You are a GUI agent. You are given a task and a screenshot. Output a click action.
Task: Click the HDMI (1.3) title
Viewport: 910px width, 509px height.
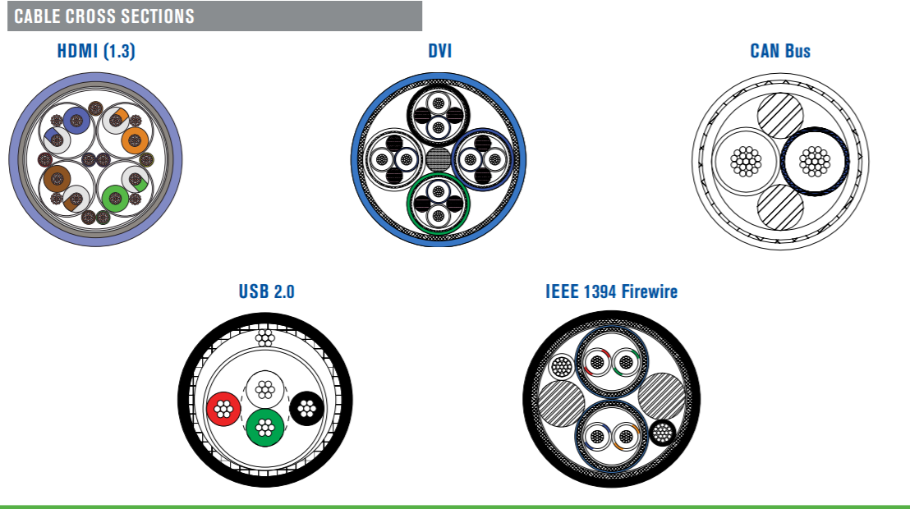pos(96,51)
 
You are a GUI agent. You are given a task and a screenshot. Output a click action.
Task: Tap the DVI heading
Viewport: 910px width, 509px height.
pos(440,51)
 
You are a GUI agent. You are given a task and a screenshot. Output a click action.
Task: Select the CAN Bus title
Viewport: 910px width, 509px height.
pos(780,51)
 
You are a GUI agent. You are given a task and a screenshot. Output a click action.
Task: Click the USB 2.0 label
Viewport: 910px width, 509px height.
pos(266,291)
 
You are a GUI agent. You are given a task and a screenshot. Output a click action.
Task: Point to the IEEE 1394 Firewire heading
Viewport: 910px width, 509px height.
pos(611,291)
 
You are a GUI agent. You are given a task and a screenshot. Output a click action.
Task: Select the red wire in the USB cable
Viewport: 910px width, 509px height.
pos(223,409)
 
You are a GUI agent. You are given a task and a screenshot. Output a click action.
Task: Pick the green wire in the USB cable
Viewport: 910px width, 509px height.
pos(264,429)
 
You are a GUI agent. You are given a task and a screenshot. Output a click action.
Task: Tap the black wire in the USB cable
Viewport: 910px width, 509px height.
pos(306,409)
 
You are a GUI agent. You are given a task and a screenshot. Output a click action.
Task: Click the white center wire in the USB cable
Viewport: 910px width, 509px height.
pos(264,389)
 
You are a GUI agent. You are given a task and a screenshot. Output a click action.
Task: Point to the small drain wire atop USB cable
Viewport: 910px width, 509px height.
pos(265,337)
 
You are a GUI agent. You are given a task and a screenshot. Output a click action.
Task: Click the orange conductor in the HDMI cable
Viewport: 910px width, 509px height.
pos(135,140)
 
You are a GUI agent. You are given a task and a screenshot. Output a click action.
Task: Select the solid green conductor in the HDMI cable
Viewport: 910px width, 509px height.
pos(115,199)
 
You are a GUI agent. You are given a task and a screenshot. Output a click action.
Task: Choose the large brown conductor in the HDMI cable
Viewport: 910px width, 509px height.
pos(57,179)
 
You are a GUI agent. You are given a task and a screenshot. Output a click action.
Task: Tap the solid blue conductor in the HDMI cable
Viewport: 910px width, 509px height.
pos(76,121)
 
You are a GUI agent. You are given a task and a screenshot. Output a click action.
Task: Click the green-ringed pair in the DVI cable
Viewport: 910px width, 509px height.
pos(439,204)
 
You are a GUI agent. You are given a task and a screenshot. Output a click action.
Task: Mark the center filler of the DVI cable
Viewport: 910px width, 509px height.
pos(439,159)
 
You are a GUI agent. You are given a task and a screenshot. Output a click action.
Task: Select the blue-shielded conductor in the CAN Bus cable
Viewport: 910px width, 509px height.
pos(815,162)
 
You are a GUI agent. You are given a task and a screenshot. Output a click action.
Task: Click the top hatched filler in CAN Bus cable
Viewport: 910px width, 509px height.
pos(780,116)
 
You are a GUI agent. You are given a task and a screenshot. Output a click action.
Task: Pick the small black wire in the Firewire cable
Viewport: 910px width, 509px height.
pos(662,433)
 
